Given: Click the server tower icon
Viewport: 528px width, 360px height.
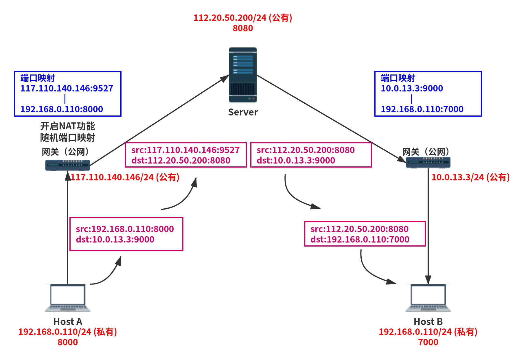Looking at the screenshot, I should tap(243, 75).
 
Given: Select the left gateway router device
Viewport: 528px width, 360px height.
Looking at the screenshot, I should tap(68, 165).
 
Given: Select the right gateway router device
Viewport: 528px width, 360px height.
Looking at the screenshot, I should tap(428, 162).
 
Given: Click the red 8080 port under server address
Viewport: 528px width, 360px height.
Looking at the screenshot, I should tap(243, 28).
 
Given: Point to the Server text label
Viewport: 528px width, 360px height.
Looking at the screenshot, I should tap(243, 112).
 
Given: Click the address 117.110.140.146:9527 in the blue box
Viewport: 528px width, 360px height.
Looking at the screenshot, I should tap(67, 88).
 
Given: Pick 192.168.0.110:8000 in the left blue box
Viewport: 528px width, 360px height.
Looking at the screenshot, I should tap(62, 109).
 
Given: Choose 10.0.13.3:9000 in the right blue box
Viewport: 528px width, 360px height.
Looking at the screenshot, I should tap(412, 88).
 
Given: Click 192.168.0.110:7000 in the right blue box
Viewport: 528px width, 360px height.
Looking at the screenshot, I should tap(422, 109).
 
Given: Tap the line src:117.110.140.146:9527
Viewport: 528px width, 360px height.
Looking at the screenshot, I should tap(185, 150).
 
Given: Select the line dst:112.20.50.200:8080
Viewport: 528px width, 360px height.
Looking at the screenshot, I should tap(181, 160).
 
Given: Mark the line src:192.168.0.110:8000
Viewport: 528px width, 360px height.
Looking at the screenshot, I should tap(125, 229).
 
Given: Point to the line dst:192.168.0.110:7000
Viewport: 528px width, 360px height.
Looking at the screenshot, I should tap(360, 239).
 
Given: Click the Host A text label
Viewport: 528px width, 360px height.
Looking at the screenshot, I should tap(68, 322).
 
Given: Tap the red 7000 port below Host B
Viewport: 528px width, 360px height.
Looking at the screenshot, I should tap(428, 342).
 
